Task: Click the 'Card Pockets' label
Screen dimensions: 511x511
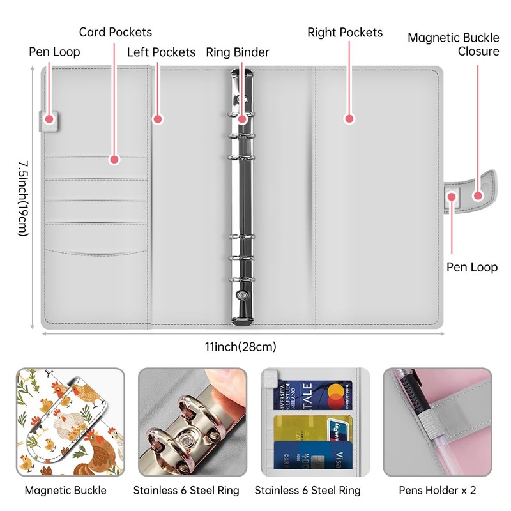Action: click(116, 32)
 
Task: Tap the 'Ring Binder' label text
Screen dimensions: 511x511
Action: click(238, 52)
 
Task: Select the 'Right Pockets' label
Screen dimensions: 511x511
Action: click(345, 33)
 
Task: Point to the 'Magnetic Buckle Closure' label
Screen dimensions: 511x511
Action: click(454, 45)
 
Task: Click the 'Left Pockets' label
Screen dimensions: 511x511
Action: click(161, 52)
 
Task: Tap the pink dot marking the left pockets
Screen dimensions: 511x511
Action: click(158, 118)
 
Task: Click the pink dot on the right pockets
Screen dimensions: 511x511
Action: click(349, 118)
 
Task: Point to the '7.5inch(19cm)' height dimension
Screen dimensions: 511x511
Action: click(24, 199)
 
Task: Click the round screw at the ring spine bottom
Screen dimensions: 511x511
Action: click(242, 294)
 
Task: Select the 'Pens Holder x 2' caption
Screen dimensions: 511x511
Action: click(438, 491)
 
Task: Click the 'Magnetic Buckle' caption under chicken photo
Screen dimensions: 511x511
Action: click(66, 491)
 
